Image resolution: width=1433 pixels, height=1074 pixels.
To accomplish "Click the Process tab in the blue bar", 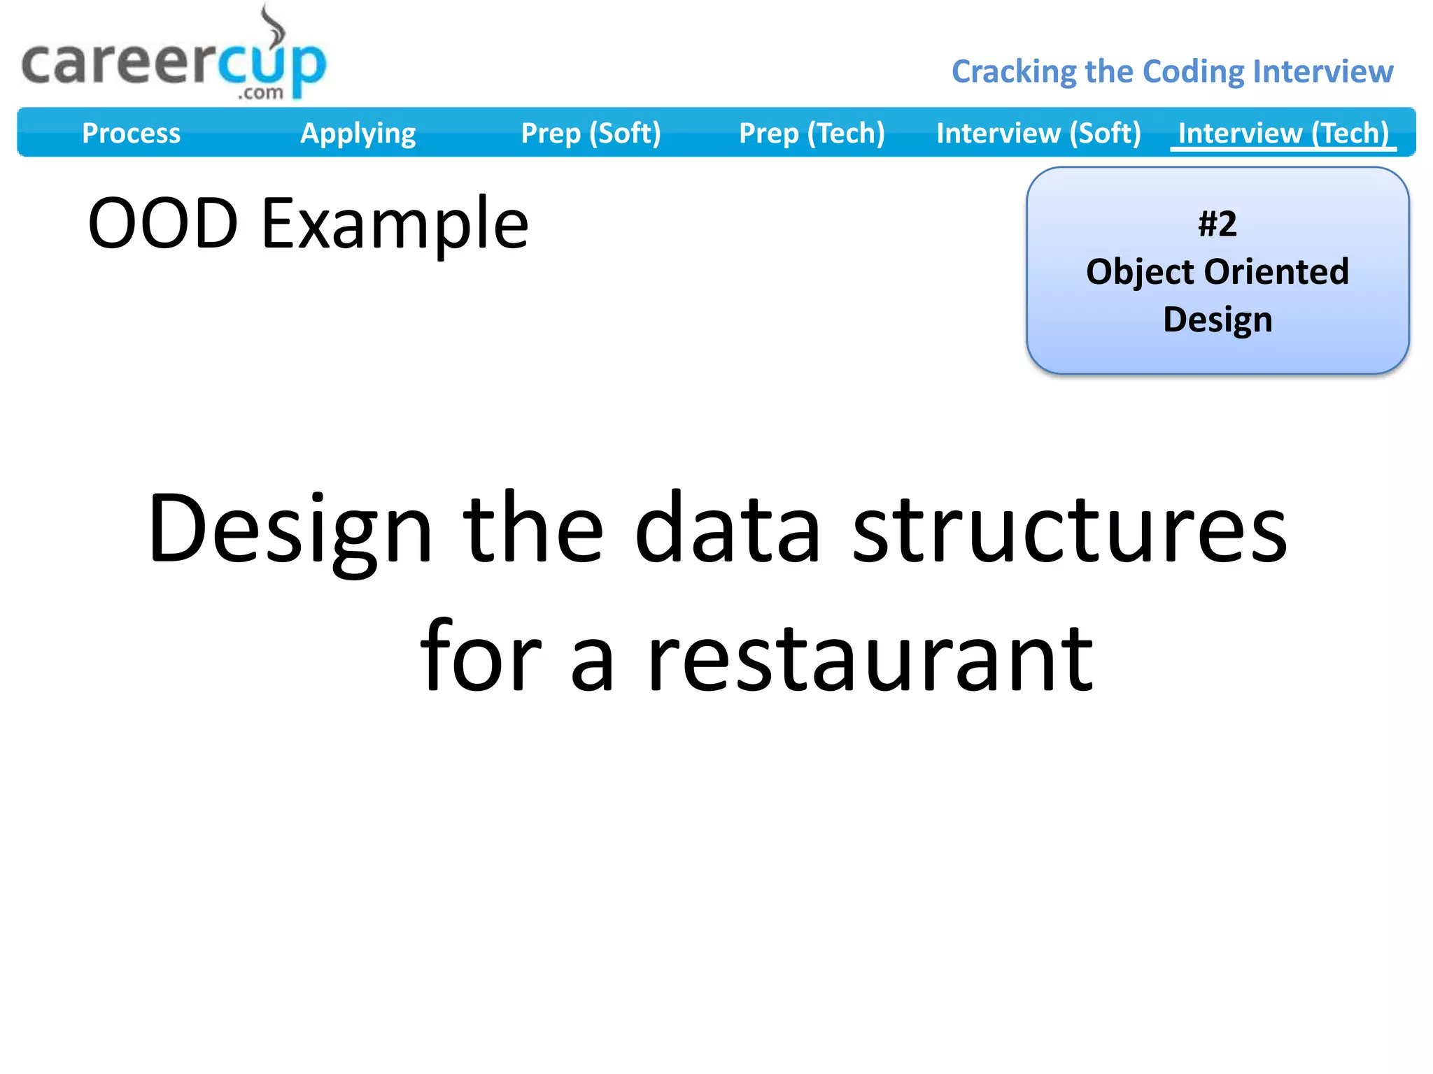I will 131,133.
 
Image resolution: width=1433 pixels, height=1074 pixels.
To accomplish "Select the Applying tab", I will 358,133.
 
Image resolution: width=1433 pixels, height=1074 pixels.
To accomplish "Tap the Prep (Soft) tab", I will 591,133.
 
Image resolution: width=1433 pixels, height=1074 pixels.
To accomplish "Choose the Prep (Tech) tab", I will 812,133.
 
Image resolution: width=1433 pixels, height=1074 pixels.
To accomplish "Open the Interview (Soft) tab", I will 1038,133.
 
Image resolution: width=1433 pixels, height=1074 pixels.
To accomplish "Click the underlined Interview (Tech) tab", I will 1283,133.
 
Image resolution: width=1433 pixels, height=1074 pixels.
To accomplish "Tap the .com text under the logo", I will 260,93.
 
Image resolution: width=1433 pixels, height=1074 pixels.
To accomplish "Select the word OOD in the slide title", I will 163,224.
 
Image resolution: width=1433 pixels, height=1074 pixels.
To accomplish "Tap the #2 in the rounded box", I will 1217,224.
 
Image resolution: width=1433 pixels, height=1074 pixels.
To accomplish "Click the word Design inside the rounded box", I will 1217,320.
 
